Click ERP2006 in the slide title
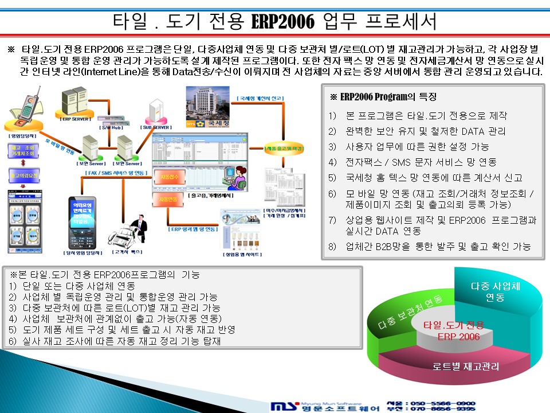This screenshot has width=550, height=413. click(x=284, y=22)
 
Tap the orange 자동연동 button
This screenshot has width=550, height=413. click(x=166, y=199)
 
